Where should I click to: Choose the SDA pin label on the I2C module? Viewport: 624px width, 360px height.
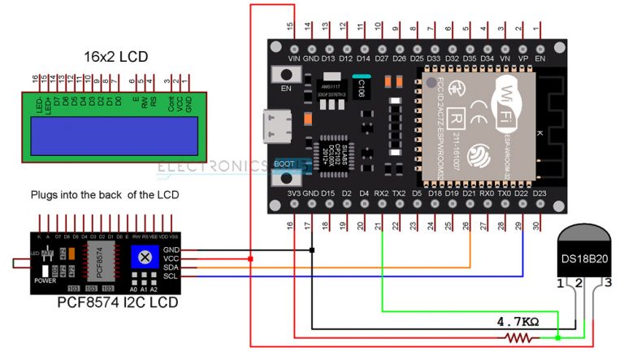pyautogui.click(x=171, y=267)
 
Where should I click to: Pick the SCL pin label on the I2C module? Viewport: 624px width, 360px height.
pyautogui.click(x=171, y=276)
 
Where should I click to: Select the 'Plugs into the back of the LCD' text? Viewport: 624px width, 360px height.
pyautogui.click(x=104, y=196)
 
